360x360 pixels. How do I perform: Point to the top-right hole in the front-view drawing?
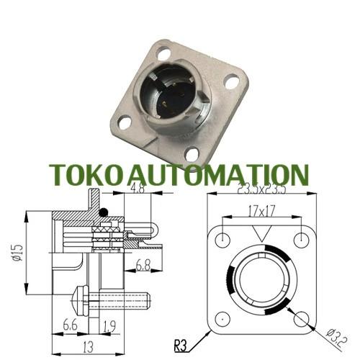click(300, 238)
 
